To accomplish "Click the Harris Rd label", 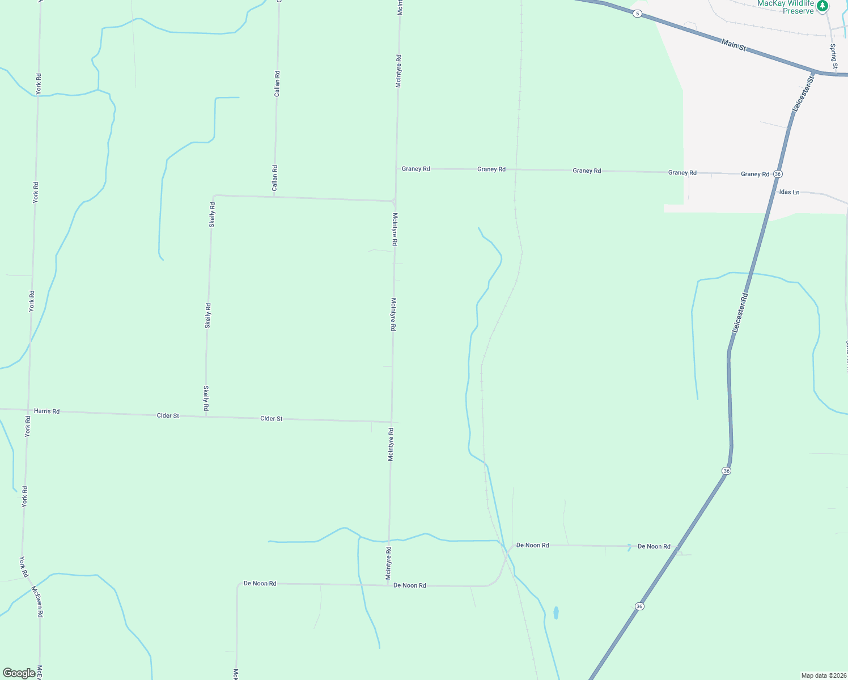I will pyautogui.click(x=46, y=411).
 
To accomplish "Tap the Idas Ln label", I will pyautogui.click(x=789, y=192).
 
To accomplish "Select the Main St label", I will pyautogui.click(x=733, y=44).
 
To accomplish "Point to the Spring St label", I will pyautogui.click(x=833, y=57).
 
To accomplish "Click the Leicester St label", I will pyautogui.click(x=803, y=92).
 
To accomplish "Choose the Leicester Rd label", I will pyautogui.click(x=740, y=312).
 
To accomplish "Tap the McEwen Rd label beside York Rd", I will pyautogui.click(x=37, y=601).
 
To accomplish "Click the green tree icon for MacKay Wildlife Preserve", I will pyautogui.click(x=822, y=6).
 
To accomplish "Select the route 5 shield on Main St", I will pyautogui.click(x=638, y=14).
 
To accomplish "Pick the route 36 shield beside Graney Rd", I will pyautogui.click(x=778, y=174).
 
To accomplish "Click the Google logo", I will pyautogui.click(x=19, y=673).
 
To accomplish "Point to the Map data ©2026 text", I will pyautogui.click(x=824, y=675).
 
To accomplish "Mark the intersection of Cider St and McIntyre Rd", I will pyautogui.click(x=391, y=422).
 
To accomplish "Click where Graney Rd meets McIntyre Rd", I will pyautogui.click(x=396, y=169).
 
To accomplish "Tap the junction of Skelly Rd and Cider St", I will pyautogui.click(x=206, y=416).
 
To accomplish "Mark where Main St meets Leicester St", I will pyautogui.click(x=817, y=73).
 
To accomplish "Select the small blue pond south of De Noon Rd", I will pyautogui.click(x=556, y=613).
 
